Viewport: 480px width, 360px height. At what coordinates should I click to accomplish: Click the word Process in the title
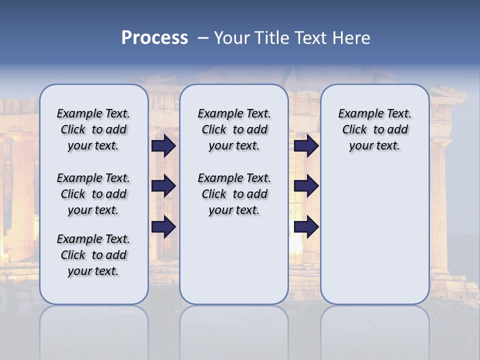point(154,38)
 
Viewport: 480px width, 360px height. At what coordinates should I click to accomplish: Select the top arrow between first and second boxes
point(163,145)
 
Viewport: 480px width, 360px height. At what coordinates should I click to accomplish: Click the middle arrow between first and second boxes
point(163,186)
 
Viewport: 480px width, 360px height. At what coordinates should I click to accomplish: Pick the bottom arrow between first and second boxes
point(163,227)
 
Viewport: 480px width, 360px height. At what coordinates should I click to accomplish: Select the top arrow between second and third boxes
point(306,145)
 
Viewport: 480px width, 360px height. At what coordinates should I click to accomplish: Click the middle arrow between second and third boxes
point(306,186)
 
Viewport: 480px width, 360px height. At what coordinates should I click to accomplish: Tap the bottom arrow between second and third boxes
point(306,227)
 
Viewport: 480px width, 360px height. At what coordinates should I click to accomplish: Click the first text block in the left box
point(93,129)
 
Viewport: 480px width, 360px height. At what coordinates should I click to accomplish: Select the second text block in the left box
point(93,194)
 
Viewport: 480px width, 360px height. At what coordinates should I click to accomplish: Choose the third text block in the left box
point(93,255)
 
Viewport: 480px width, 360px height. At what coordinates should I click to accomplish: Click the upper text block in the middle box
point(234,129)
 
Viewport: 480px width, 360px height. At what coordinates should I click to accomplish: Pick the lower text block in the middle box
point(234,194)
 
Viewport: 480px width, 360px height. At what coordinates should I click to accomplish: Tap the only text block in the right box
point(374,129)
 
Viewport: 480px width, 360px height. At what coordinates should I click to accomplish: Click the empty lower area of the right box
point(375,235)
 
